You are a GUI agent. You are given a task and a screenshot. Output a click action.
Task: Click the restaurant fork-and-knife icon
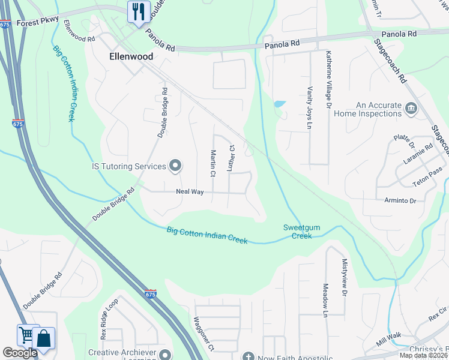[x=139, y=11]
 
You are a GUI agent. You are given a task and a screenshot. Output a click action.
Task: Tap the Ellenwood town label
[x=131, y=56]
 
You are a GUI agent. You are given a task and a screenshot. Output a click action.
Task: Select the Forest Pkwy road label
[x=38, y=22]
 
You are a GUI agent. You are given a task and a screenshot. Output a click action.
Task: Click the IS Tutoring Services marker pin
[x=175, y=166]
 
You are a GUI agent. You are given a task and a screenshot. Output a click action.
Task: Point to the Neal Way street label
[x=190, y=192]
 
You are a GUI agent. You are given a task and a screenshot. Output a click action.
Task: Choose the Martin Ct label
[x=212, y=164]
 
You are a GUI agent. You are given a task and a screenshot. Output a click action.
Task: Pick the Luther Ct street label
[x=230, y=158]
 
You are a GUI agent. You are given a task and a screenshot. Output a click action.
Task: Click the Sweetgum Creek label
[x=298, y=231]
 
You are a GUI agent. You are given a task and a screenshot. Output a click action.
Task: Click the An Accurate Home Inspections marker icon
[x=411, y=109]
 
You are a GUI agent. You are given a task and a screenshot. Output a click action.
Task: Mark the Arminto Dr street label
[x=396, y=200]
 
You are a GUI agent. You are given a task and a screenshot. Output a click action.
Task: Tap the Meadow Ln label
[x=325, y=300]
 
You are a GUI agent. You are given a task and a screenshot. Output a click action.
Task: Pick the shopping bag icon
[x=44, y=337]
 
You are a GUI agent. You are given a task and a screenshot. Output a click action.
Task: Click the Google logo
[x=20, y=353]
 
